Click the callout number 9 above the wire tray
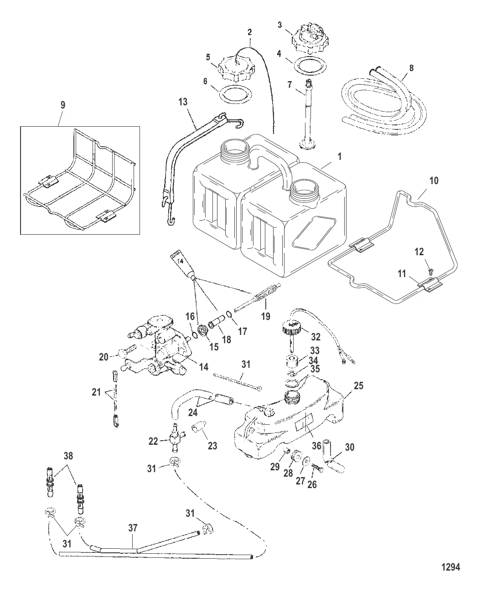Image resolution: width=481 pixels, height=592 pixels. (x=63, y=105)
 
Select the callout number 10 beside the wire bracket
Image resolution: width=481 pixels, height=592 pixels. (x=434, y=180)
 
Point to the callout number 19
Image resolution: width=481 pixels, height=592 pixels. (x=266, y=315)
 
